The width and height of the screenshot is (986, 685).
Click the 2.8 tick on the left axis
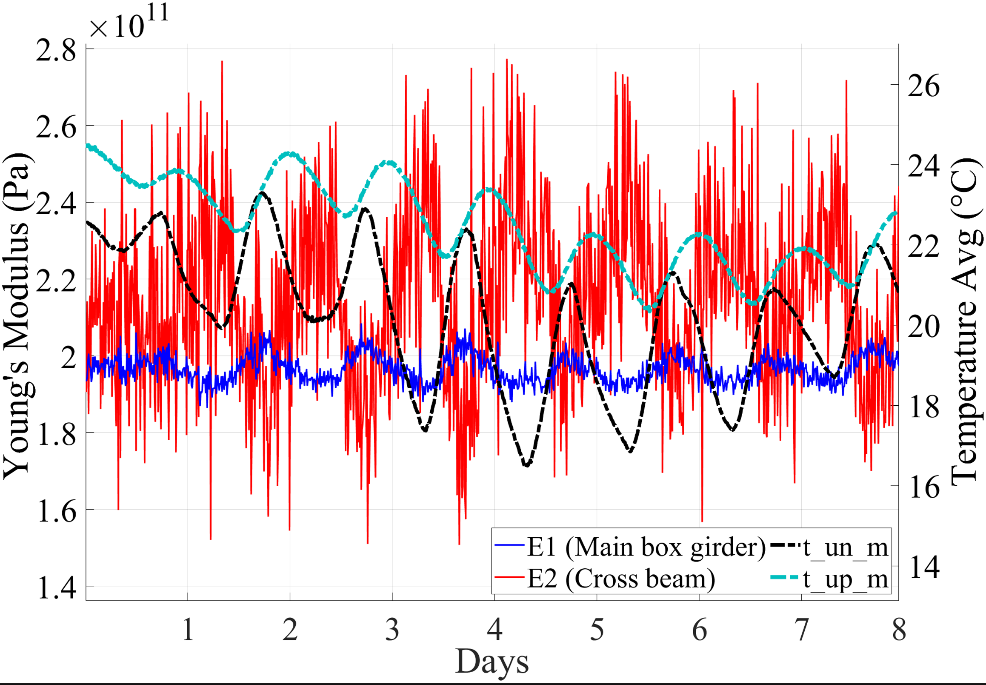[56, 51]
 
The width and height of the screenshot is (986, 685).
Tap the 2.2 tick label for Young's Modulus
[56, 281]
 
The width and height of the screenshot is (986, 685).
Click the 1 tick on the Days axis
[188, 630]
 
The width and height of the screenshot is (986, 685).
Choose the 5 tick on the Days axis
[597, 630]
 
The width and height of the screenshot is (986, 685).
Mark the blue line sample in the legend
[510, 545]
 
